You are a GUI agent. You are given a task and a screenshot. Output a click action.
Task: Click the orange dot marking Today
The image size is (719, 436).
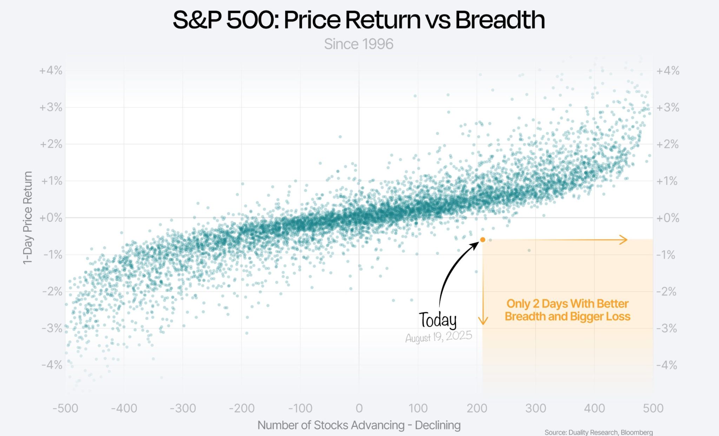[482, 240]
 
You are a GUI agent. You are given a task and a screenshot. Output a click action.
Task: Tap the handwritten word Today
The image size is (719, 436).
[437, 320]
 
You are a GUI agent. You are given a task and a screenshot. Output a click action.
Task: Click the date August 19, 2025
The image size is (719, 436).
[438, 337]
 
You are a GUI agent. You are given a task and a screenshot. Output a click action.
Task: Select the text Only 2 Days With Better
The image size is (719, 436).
[567, 304]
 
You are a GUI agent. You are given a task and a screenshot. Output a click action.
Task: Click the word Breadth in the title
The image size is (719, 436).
[500, 20]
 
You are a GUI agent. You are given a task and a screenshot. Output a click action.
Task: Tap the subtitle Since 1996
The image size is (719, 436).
[358, 44]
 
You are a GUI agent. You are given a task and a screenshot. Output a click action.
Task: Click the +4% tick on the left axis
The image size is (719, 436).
[51, 71]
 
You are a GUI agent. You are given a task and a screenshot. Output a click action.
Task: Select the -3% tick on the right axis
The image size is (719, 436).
[666, 329]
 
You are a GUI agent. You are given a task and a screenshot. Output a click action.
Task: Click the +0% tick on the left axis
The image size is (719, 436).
[51, 218]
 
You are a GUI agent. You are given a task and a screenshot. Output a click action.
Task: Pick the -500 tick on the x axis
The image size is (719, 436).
[65, 408]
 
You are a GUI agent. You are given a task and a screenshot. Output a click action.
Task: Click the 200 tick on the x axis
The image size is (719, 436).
[477, 408]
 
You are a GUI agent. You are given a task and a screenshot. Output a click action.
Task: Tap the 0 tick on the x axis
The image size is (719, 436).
[359, 408]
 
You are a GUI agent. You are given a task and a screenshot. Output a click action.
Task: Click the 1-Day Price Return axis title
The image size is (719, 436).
[27, 218]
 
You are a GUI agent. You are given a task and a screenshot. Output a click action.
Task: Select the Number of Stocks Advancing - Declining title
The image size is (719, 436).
[359, 425]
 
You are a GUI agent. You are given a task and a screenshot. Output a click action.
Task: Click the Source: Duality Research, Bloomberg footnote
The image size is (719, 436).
[598, 432]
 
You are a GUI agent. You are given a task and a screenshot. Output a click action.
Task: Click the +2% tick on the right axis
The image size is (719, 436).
[667, 144]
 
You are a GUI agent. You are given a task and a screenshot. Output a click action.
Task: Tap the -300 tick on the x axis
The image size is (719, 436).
[183, 408]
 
